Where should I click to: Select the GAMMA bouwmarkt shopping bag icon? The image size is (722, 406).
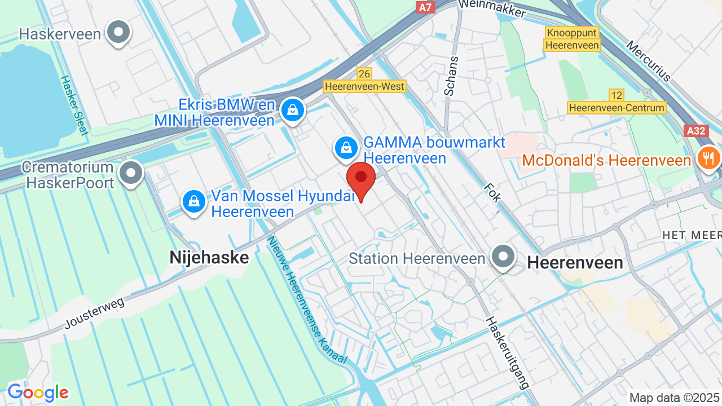346,149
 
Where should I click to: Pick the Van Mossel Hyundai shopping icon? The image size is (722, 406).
194,201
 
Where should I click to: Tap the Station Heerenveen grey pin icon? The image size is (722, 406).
502,257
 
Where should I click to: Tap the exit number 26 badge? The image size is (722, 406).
364,74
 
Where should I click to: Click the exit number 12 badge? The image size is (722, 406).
617,95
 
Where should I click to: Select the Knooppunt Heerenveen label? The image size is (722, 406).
572,39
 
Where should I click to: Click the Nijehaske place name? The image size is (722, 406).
209,258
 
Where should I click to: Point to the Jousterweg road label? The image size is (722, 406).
94,312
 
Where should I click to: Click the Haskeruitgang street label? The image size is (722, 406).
507,352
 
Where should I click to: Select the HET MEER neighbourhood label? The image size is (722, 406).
692,235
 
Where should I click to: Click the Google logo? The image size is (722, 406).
38,392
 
